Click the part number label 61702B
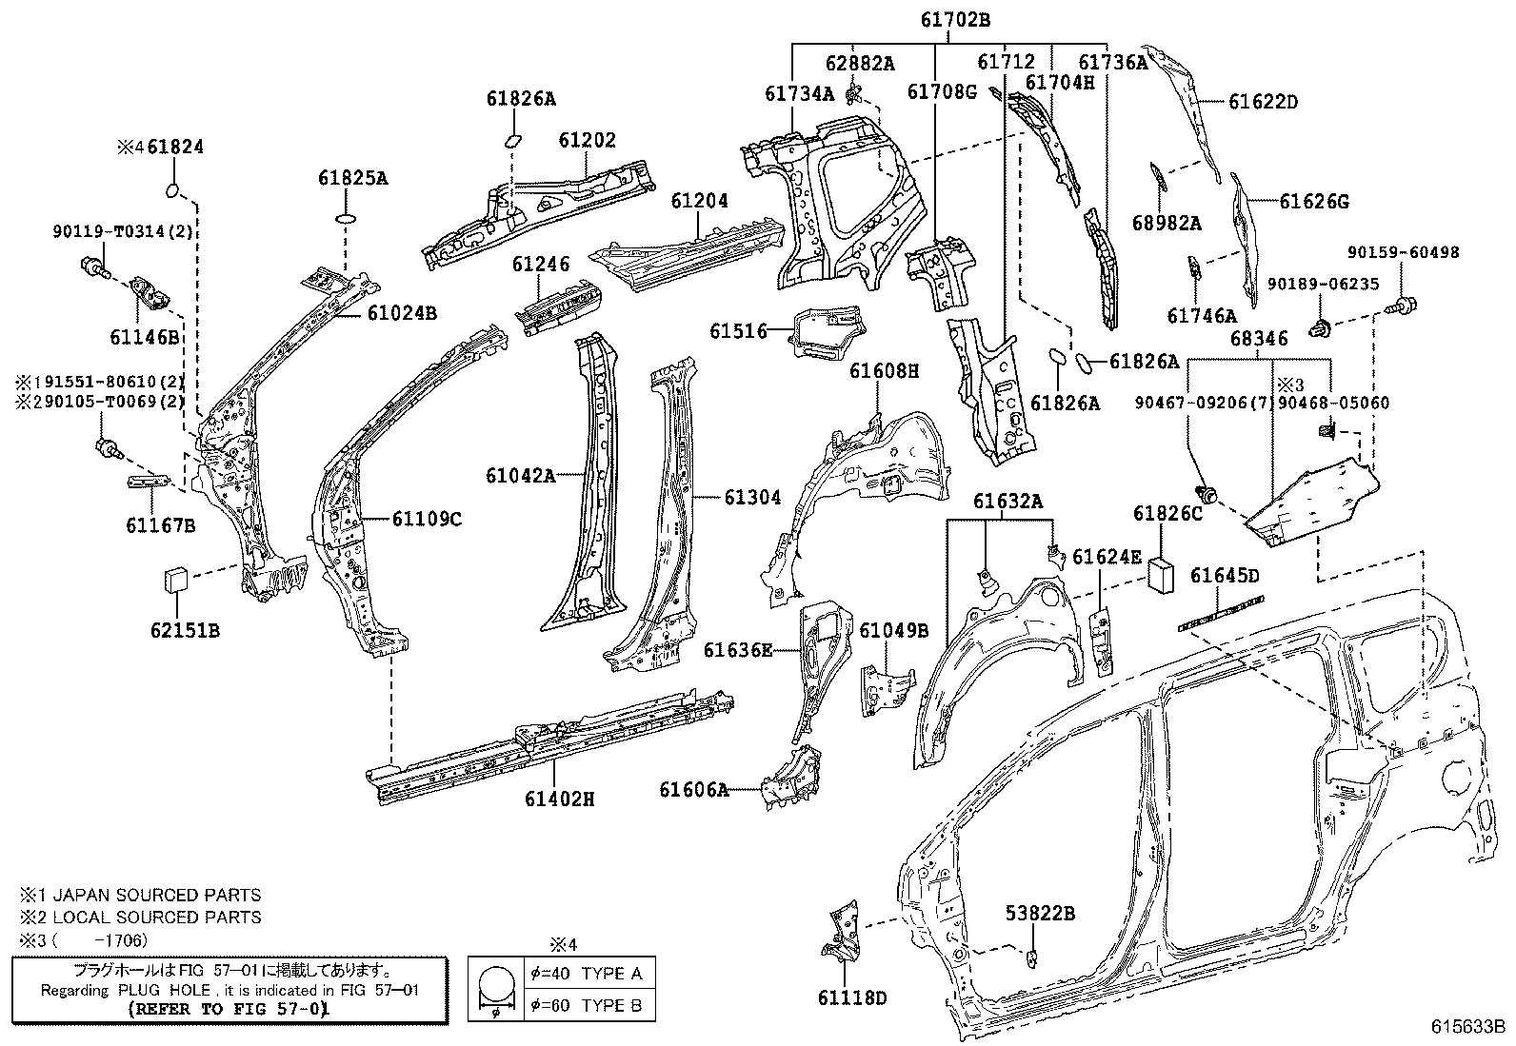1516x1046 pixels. [955, 18]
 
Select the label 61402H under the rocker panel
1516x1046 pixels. [559, 799]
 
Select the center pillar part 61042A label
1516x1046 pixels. [520, 475]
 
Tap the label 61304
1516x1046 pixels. [752, 497]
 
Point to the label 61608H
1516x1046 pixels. [885, 372]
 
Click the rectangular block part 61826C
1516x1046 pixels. [1162, 575]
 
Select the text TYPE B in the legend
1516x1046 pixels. [611, 1005]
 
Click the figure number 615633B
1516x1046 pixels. [1467, 1028]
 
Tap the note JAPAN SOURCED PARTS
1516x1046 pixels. [156, 896]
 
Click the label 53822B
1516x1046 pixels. [1040, 914]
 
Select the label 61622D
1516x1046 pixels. [1263, 102]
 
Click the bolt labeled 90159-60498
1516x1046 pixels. [1403, 306]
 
